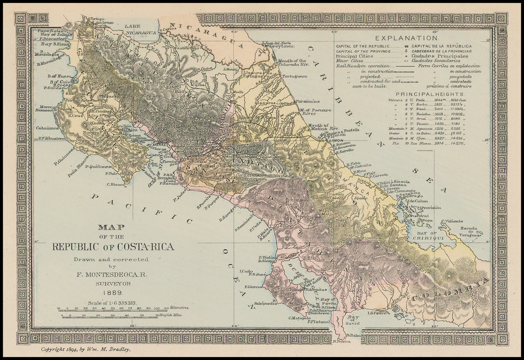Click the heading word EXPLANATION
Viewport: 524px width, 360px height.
tap(407, 38)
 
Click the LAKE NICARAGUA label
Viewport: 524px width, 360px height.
tap(140, 29)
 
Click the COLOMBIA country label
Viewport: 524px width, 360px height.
tap(450, 290)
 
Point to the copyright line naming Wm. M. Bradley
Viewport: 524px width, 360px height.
tap(86, 349)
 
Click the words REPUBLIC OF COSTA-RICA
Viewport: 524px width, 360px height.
tap(113, 247)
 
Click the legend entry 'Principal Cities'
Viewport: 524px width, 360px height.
tap(354, 56)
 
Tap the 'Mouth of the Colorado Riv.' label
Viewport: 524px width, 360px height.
tap(294, 63)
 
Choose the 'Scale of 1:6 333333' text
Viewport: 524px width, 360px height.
tap(112, 303)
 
